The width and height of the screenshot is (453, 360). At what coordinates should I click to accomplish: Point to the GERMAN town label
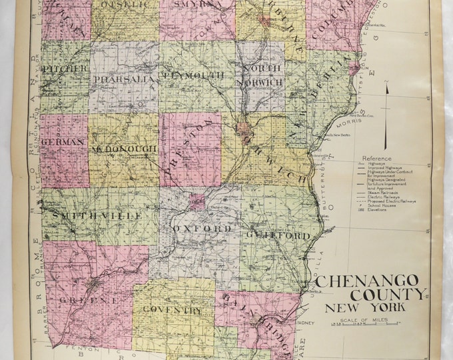tap(61, 142)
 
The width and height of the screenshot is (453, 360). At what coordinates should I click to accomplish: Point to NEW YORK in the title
tap(360, 308)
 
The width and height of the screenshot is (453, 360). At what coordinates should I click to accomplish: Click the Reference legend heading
tap(374, 159)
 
